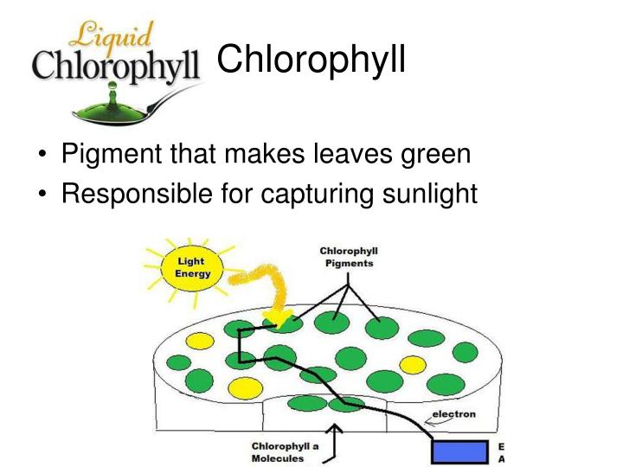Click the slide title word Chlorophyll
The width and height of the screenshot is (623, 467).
point(310,61)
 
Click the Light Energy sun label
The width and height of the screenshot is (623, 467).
point(189,267)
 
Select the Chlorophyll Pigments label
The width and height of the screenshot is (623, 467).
point(349,258)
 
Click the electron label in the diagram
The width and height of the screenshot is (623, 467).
point(453,414)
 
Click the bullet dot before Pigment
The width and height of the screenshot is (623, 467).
point(42,157)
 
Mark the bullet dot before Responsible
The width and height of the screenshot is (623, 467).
point(42,195)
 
